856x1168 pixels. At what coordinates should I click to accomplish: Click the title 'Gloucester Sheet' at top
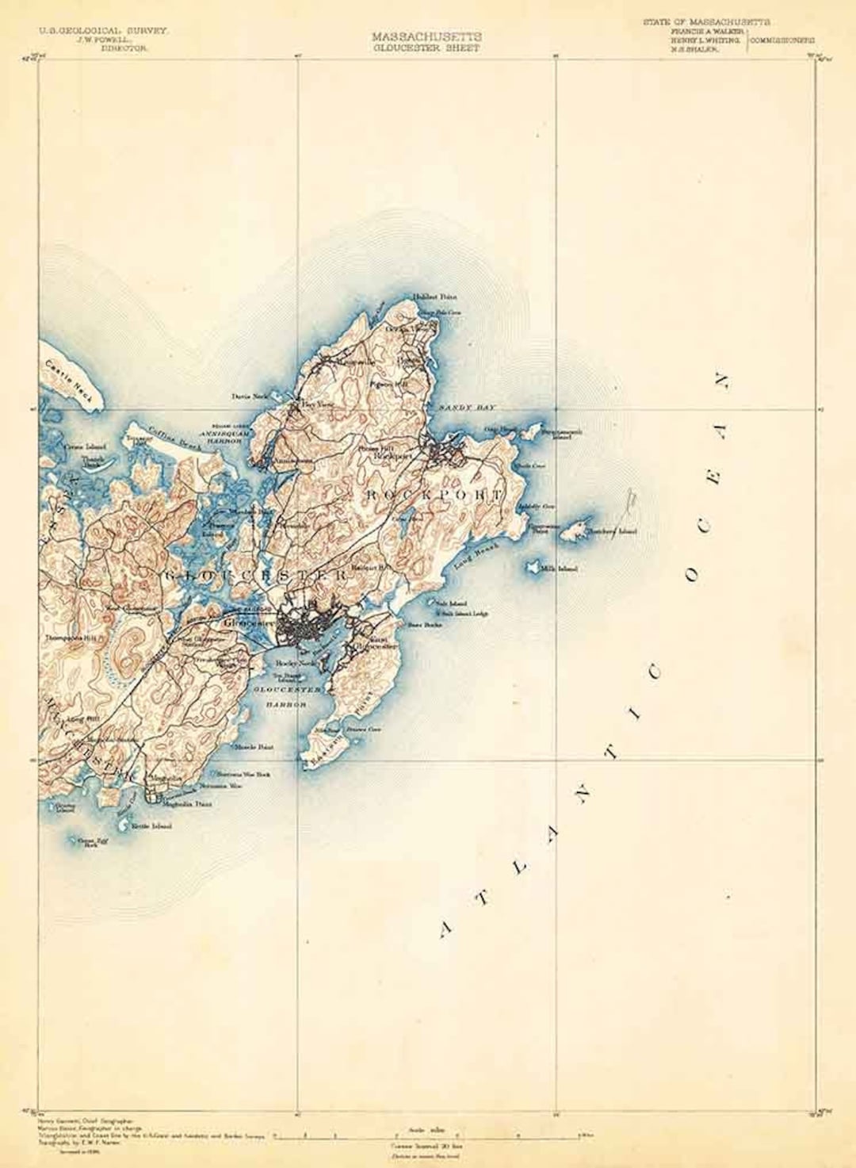(x=426, y=48)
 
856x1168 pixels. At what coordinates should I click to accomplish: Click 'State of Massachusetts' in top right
(x=706, y=22)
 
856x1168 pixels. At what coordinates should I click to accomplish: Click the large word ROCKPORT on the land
(x=434, y=495)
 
